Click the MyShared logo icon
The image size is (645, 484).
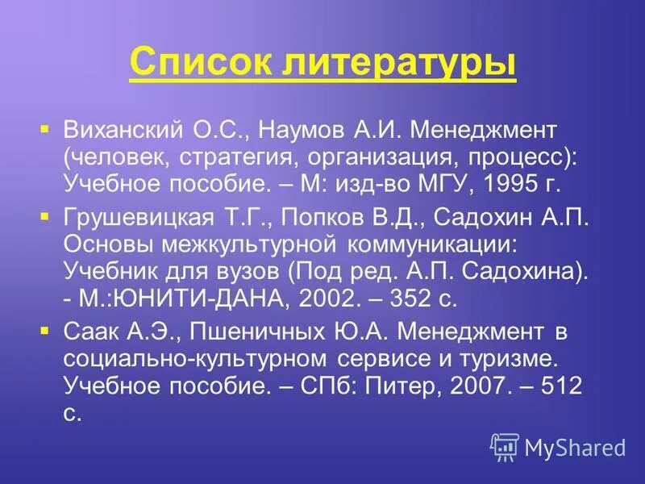(505, 446)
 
